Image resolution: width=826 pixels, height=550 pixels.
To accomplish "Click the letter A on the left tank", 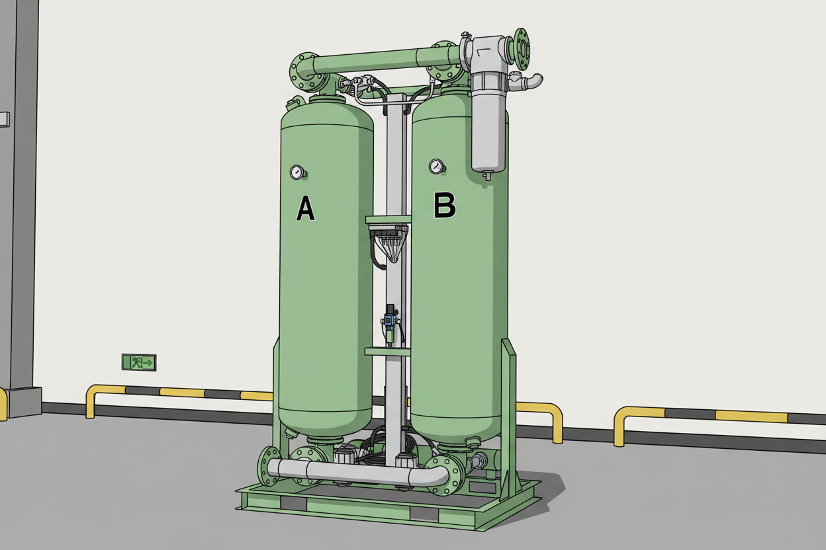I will (x=305, y=208).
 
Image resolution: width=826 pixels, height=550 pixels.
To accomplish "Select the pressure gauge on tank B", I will (x=436, y=166).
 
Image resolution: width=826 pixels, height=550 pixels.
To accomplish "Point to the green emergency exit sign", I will (x=138, y=362).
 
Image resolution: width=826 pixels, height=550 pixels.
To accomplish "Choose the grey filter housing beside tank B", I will (x=488, y=126).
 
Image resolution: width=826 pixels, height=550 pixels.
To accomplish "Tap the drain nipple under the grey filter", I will (x=488, y=176).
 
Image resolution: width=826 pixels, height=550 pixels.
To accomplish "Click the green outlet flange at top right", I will (x=522, y=48).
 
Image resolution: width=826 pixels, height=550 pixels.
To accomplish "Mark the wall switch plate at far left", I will (x=5, y=119).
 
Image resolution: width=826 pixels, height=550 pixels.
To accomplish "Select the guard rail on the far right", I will (x=715, y=417).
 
